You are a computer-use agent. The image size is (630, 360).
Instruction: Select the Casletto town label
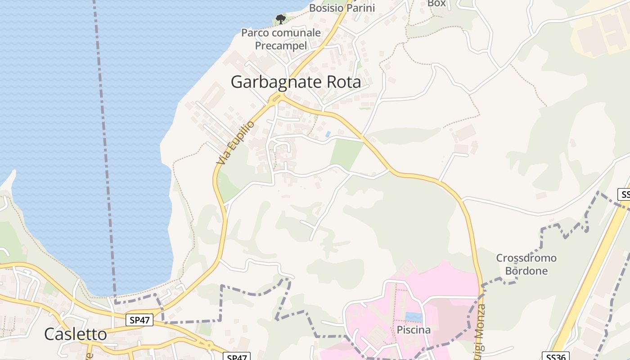click(76, 334)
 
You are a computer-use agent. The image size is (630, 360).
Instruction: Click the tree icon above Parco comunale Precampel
click(281, 19)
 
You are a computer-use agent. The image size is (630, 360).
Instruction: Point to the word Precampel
click(281, 45)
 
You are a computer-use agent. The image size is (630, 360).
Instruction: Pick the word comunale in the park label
click(298, 33)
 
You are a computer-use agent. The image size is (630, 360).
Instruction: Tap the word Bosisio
click(326, 8)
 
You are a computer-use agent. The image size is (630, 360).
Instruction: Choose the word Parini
click(360, 8)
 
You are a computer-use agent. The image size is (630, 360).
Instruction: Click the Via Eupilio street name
click(235, 143)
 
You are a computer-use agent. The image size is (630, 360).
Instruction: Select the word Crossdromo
click(526, 258)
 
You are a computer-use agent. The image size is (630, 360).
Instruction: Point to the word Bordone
click(526, 271)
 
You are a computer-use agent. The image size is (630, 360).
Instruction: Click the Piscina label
click(414, 330)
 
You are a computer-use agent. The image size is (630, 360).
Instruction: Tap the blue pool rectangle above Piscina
click(414, 317)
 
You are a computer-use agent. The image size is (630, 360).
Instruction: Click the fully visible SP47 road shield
click(139, 320)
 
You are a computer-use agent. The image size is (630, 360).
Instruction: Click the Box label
click(436, 3)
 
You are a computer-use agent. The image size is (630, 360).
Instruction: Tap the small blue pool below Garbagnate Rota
click(328, 134)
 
